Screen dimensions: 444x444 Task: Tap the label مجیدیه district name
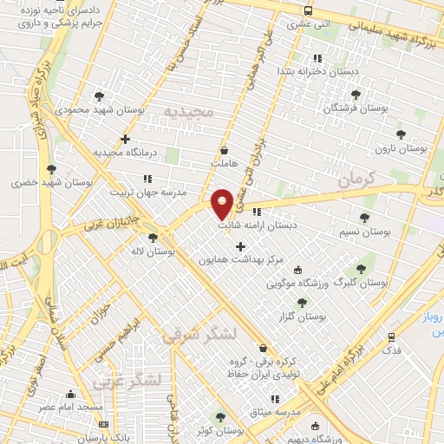pos(188,112)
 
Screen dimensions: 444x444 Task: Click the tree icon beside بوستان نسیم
pos(363,219)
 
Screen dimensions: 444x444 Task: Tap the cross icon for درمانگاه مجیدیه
pos(126,139)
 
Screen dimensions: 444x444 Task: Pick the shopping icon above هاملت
pos(224,149)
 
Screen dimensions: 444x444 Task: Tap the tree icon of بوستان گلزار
pos(301,303)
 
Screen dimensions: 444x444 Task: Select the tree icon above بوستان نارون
pos(400,134)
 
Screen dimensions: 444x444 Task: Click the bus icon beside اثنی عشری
pos(308,11)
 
